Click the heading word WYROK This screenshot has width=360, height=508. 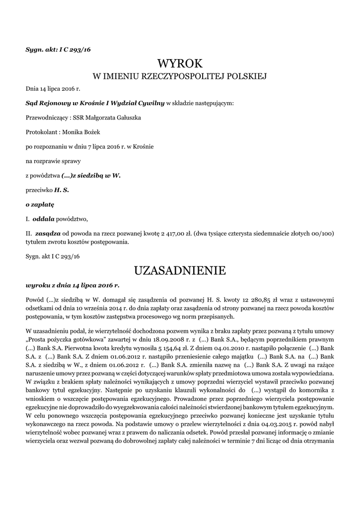[x=180, y=64]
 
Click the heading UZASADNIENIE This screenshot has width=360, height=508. [x=180, y=270]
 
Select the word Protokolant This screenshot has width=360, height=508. [x=41, y=132]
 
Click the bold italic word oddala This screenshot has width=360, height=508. [x=43, y=219]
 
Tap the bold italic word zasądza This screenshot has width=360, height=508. [x=48, y=233]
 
